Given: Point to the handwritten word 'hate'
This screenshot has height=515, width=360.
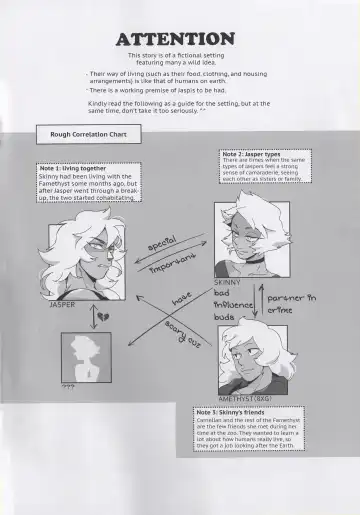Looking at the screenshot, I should pyautogui.click(x=181, y=297).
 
